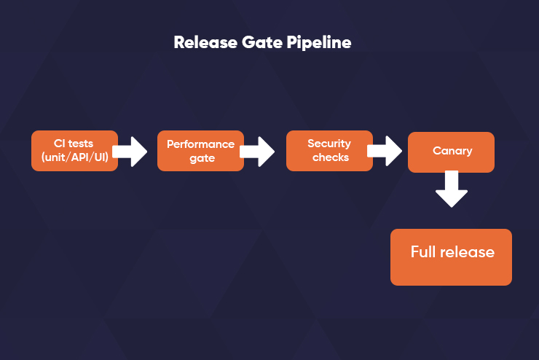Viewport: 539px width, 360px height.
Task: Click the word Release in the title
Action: tap(205, 43)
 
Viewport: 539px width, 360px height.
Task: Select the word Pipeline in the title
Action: tap(319, 43)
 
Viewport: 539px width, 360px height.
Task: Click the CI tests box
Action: tap(74, 151)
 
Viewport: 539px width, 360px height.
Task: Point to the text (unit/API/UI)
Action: tap(74, 157)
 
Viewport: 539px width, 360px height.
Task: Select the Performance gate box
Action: tap(201, 151)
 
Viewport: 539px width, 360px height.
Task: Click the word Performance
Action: tap(201, 144)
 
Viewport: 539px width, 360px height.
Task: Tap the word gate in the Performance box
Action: tap(202, 158)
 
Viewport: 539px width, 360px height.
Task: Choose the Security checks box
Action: tap(330, 151)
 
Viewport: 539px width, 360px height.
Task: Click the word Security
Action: tap(329, 144)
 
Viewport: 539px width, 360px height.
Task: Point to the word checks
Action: tap(331, 157)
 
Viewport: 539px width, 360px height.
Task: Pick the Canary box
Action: tap(452, 152)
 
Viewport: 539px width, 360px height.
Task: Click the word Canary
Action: tap(452, 151)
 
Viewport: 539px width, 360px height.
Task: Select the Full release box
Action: tap(451, 257)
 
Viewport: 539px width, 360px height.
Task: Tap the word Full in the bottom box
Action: tap(423, 251)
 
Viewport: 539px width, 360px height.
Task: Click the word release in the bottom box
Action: tap(467, 252)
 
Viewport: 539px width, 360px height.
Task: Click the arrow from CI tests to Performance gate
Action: tap(130, 152)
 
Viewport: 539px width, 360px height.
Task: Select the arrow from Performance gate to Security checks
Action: tap(257, 152)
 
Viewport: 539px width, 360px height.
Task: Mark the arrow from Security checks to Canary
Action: tap(385, 151)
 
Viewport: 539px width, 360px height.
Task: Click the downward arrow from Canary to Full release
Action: tap(452, 189)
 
